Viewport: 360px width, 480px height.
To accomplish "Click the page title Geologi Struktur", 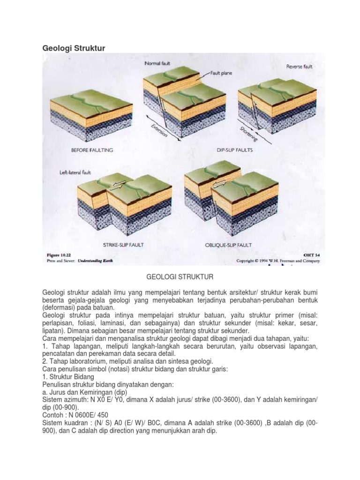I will [x=74, y=48].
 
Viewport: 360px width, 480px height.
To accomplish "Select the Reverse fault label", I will [x=299, y=67].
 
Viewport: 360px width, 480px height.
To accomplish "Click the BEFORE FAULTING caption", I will [x=92, y=150].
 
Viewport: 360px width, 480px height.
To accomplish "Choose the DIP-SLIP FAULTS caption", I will [x=235, y=150].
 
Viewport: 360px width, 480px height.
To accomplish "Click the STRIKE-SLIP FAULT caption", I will [x=123, y=245].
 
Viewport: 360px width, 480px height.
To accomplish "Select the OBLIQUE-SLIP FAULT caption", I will [x=229, y=245].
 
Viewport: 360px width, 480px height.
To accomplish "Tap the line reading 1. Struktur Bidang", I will [x=68, y=377].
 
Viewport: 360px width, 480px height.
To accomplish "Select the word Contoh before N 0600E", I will [x=52, y=414].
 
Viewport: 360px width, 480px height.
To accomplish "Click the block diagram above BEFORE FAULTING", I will [x=92, y=117].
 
